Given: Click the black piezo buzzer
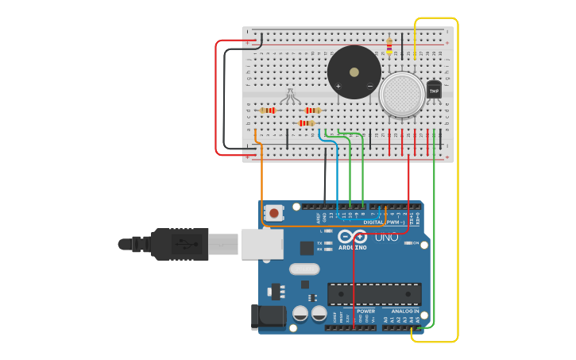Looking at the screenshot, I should click(x=354, y=72).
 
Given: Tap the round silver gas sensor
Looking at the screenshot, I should click(x=401, y=95).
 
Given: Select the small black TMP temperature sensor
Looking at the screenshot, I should click(x=434, y=90).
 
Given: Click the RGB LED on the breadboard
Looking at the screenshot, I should click(x=290, y=96).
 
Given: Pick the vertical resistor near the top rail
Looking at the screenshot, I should click(x=389, y=45).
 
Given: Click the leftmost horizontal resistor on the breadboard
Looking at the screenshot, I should click(x=268, y=110).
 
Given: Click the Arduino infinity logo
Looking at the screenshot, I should click(x=353, y=237).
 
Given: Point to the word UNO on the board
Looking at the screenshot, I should click(x=387, y=237).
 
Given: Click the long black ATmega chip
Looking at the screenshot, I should click(x=374, y=294).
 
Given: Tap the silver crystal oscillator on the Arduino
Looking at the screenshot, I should click(x=304, y=269).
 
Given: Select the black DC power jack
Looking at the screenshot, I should click(x=268, y=316).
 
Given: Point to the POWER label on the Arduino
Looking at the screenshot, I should click(x=365, y=311).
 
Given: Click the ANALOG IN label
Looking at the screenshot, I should click(x=405, y=311).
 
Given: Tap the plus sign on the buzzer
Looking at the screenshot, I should click(x=338, y=85).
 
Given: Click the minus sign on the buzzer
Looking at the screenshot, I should click(x=369, y=85).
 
